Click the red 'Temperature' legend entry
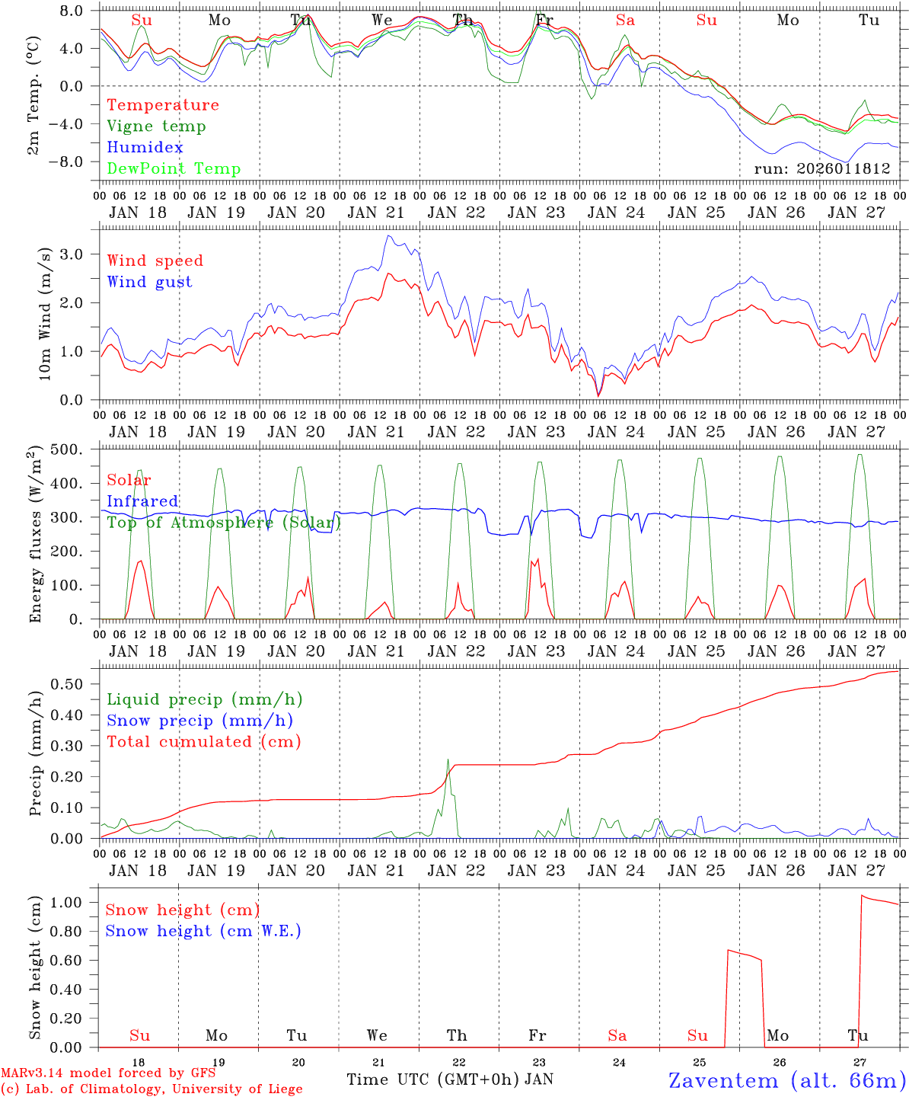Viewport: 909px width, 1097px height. pos(162,105)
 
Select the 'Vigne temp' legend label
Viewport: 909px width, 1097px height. pos(156,126)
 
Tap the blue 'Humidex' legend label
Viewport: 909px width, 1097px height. pos(145,148)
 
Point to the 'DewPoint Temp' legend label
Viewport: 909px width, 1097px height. pos(174,168)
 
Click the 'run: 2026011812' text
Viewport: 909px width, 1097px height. pos(821,168)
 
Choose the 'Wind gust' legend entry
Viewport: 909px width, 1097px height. pos(149,282)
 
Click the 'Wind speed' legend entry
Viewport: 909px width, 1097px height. pos(155,261)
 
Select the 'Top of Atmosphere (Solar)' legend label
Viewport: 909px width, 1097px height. pos(223,523)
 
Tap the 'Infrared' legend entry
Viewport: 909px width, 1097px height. pos(142,501)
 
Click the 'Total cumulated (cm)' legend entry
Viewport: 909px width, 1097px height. pos(203,741)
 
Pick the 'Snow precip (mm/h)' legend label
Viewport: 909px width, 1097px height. pos(199,721)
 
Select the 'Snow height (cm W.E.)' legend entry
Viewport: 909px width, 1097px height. pos(203,931)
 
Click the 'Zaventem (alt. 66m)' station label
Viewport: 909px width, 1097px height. pos(786,1080)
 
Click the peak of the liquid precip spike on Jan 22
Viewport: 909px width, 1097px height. pos(448,759)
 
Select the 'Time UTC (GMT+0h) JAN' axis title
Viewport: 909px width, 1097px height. pos(449,1079)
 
